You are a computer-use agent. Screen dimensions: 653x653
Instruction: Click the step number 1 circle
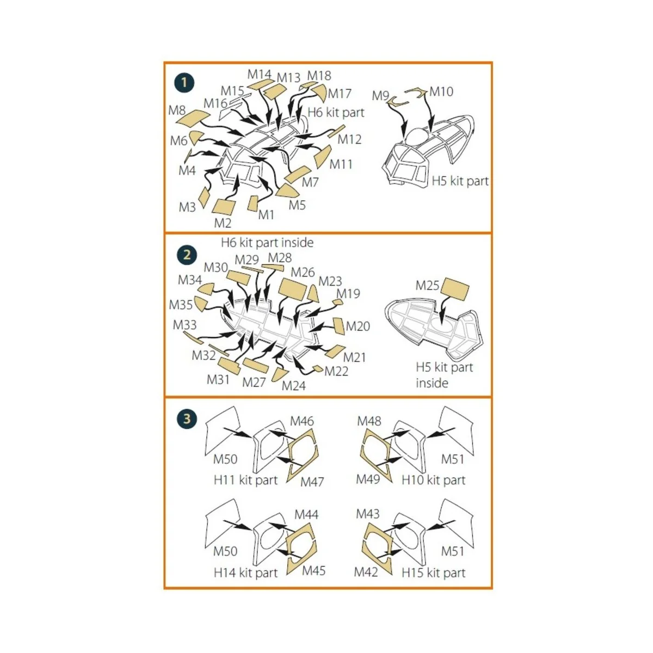pyautogui.click(x=184, y=83)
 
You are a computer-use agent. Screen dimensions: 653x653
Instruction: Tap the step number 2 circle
pyautogui.click(x=187, y=255)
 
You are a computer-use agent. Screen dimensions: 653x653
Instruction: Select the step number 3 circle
pyautogui.click(x=187, y=419)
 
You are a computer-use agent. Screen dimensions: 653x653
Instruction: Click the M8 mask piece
pyautogui.click(x=194, y=117)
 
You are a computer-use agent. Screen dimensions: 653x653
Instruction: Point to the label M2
pyautogui.click(x=223, y=223)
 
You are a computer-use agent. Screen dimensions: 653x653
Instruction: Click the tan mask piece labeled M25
pyautogui.click(x=454, y=289)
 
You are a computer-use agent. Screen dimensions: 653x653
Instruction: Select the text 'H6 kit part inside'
pyautogui.click(x=267, y=242)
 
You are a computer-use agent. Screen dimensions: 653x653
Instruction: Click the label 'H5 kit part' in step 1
pyautogui.click(x=460, y=181)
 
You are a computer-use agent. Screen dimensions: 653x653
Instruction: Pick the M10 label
pyautogui.click(x=441, y=91)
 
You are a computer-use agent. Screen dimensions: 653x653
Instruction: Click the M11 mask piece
pyautogui.click(x=322, y=156)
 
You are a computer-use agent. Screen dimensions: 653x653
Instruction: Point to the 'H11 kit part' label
pyautogui.click(x=245, y=480)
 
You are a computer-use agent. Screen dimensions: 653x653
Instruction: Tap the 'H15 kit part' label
pyautogui.click(x=433, y=572)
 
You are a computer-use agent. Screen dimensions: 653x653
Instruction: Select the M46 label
pyautogui.click(x=302, y=421)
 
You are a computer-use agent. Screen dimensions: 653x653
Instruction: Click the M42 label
pyautogui.click(x=366, y=572)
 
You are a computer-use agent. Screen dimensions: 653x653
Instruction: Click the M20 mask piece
pyautogui.click(x=338, y=325)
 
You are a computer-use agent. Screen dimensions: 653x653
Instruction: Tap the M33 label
pyautogui.click(x=184, y=325)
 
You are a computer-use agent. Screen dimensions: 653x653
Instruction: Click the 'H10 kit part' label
pyautogui.click(x=433, y=480)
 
